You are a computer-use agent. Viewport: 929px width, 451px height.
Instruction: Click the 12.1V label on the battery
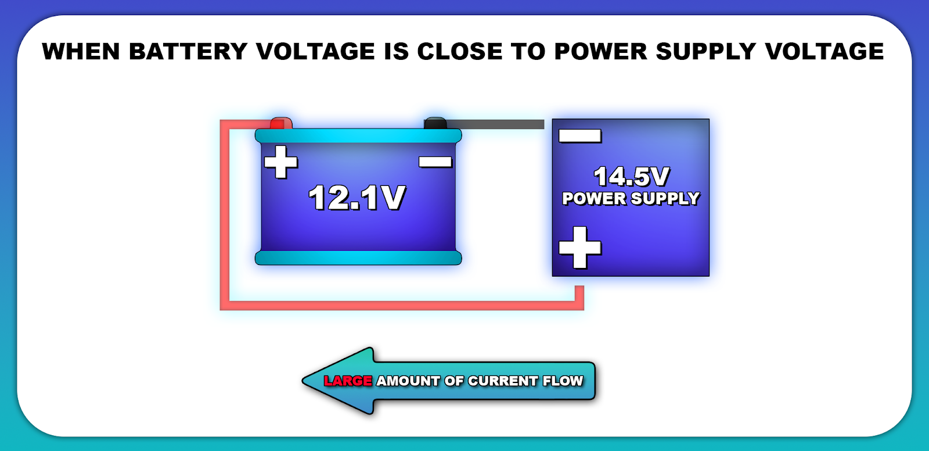pos(357,198)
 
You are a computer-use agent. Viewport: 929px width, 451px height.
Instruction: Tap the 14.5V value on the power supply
pos(631,177)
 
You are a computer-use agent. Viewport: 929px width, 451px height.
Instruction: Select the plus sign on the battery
pos(281,162)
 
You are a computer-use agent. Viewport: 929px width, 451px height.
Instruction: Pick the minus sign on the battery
pos(435,162)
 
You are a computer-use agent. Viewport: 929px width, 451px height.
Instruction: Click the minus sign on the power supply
pos(579,136)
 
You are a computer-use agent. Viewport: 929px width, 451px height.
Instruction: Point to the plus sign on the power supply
pos(579,248)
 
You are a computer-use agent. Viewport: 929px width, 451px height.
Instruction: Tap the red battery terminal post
pos(280,123)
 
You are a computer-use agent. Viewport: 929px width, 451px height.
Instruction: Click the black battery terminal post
pos(435,123)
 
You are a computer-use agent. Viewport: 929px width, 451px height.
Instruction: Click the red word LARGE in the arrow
pos(348,381)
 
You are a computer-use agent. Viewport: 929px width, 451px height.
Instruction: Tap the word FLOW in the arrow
pos(563,381)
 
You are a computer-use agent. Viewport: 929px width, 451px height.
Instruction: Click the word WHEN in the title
pos(81,52)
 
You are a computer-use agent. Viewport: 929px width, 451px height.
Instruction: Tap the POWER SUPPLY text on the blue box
pos(631,199)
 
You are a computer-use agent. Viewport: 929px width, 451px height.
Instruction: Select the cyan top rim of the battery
pos(358,136)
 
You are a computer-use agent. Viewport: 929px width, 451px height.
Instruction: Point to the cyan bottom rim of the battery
pos(358,258)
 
